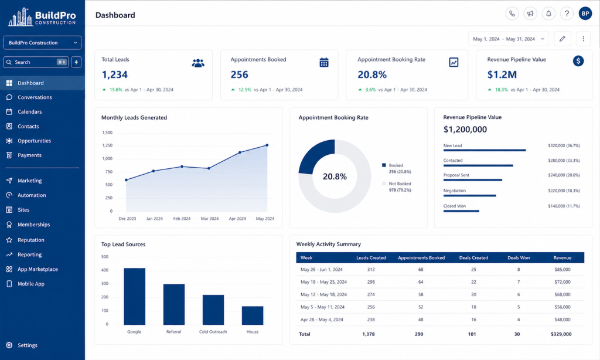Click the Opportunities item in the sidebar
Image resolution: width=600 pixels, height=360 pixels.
click(34, 141)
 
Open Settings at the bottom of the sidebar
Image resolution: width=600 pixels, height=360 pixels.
click(27, 345)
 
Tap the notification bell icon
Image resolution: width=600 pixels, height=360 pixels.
click(548, 14)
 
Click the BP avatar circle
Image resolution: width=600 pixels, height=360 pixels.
click(585, 14)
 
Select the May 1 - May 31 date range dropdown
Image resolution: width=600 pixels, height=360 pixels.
click(509, 39)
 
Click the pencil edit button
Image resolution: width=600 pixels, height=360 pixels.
click(562, 39)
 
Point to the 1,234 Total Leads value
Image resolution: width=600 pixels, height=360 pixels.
click(114, 74)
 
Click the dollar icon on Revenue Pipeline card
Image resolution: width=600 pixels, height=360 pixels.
click(578, 61)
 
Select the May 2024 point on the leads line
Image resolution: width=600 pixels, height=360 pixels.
click(267, 145)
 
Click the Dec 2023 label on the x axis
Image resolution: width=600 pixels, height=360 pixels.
click(127, 219)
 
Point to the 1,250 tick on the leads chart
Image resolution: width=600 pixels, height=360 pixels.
click(107, 145)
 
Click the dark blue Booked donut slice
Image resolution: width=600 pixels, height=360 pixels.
click(315, 154)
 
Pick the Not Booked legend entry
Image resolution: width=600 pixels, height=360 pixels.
click(397, 187)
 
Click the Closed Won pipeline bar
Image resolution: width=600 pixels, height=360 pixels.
click(461, 211)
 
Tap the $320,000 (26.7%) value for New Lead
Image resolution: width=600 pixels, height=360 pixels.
click(564, 145)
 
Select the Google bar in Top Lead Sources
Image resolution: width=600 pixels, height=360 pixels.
click(134, 297)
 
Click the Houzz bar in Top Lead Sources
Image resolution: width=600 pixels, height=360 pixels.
click(253, 315)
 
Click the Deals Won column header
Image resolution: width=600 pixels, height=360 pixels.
click(519, 258)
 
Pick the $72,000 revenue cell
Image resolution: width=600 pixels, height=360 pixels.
click(562, 282)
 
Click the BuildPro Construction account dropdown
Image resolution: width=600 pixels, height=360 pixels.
click(42, 43)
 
